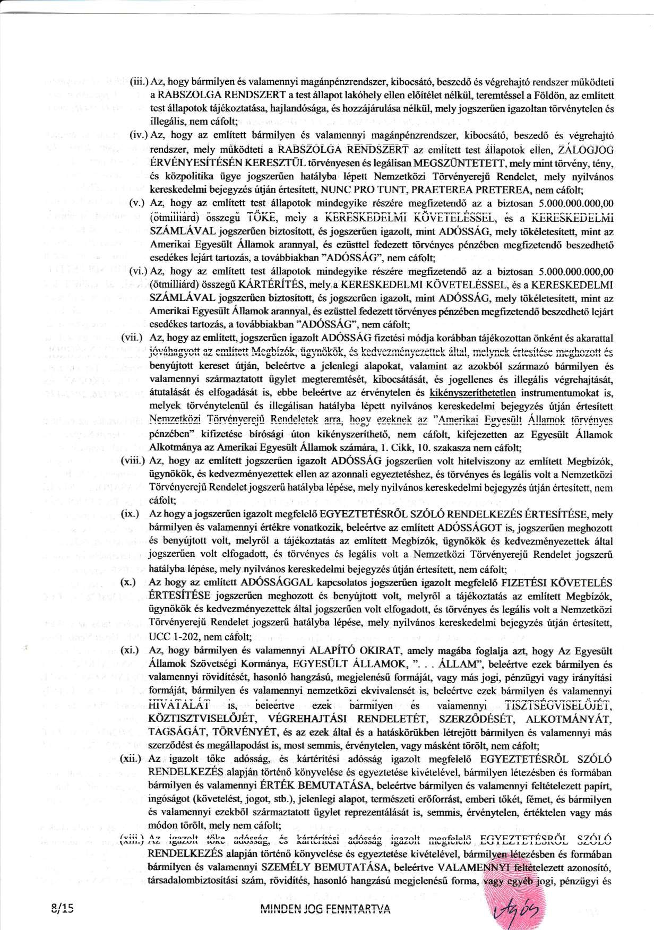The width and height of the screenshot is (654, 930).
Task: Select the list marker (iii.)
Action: tap(140, 83)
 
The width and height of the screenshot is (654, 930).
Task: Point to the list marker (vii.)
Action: tap(131, 337)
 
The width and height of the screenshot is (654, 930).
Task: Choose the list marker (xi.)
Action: tap(130, 650)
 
